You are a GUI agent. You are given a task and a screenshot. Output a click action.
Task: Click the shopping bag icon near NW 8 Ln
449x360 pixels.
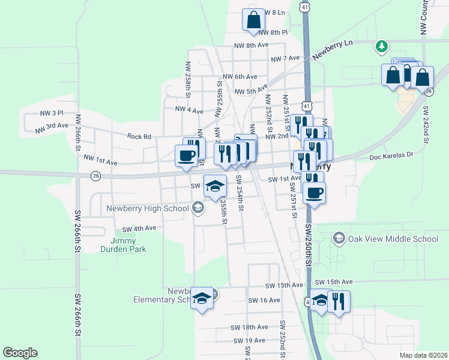tap(254, 19)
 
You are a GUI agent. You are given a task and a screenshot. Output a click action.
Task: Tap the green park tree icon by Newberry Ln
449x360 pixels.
tap(381, 46)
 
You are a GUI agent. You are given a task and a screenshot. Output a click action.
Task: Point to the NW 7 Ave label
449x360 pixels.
tap(285, 59)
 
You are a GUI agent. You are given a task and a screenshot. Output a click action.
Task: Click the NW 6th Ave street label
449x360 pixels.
tap(240, 77)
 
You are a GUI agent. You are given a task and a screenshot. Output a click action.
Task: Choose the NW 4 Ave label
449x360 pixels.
tap(189, 110)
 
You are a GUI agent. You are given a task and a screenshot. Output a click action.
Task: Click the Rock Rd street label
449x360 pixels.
tap(139, 136)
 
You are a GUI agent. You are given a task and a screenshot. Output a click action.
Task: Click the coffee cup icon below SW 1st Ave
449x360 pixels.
tap(314, 193)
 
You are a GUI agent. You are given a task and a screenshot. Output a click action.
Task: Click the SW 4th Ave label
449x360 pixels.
tap(139, 229)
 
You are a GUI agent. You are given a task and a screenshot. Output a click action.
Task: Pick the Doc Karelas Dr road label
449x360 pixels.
tap(392, 155)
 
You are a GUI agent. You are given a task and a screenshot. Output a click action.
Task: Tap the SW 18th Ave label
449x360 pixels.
tap(249, 328)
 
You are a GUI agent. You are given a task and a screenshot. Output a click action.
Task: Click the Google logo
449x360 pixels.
tap(20, 353)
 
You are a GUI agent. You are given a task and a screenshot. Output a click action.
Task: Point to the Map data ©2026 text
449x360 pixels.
tap(423, 355)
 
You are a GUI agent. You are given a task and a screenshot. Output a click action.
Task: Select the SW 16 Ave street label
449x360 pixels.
tap(264, 300)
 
